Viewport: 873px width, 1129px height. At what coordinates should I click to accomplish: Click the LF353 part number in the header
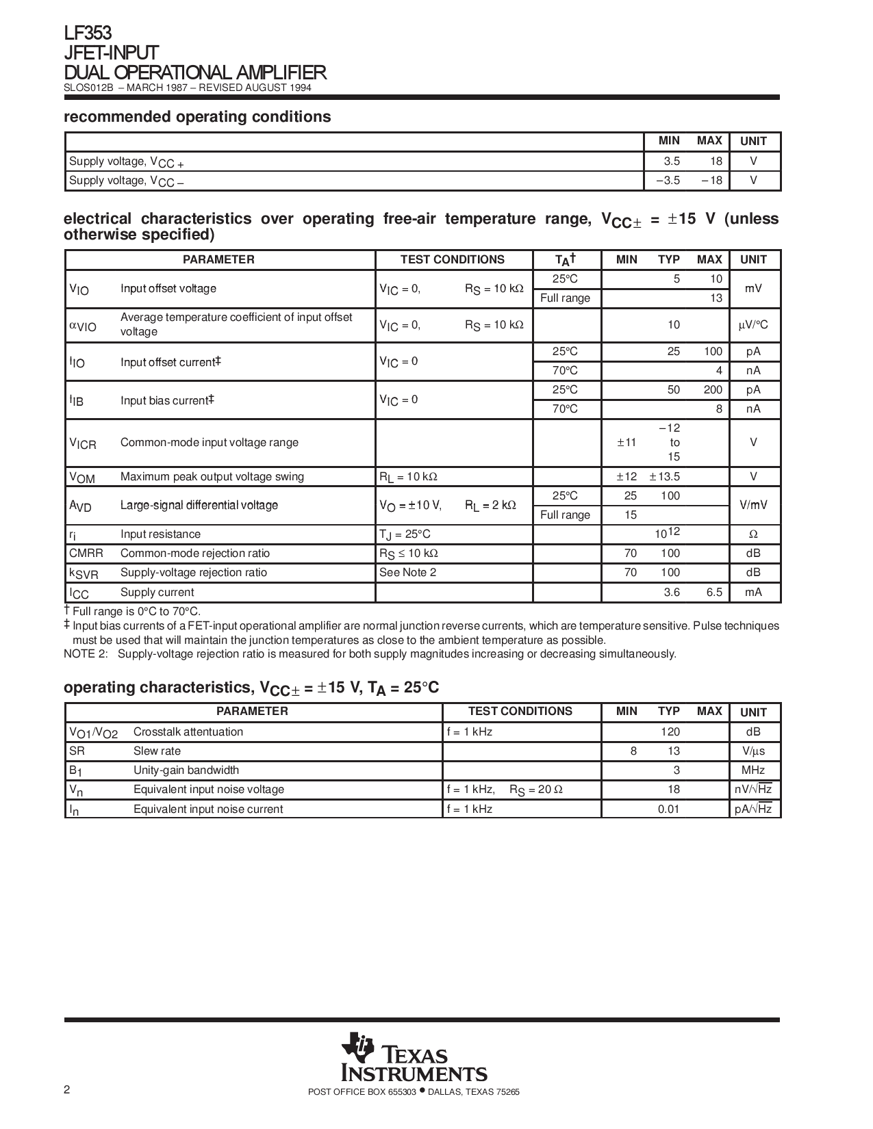(88, 34)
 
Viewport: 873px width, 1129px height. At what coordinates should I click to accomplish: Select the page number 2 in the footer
(66, 1090)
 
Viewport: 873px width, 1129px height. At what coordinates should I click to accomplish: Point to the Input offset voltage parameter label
(168, 289)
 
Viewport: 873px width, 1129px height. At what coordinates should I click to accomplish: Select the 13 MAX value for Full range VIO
(716, 298)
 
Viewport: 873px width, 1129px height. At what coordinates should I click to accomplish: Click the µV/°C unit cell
(753, 325)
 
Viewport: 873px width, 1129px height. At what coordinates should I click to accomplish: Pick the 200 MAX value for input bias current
(712, 390)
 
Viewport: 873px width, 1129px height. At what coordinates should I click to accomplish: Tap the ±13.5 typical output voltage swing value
(664, 477)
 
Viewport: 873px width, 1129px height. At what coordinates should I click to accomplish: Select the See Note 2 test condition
(407, 573)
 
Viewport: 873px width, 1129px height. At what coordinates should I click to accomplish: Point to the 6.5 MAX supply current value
(714, 593)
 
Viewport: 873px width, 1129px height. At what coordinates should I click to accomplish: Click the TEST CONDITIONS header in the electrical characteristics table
(452, 260)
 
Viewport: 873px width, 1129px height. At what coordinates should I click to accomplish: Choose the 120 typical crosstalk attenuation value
(670, 732)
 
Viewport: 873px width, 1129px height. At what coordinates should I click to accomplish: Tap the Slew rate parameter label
(157, 751)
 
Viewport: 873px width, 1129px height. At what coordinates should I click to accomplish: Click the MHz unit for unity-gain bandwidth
(753, 770)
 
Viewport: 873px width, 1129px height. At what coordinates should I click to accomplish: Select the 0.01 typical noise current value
(668, 809)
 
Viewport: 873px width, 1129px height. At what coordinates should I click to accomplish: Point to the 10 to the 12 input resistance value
(668, 534)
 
